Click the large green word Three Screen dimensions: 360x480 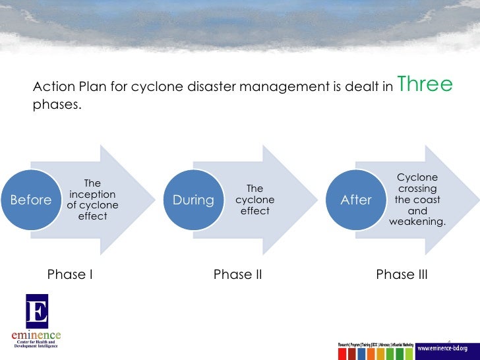point(425,85)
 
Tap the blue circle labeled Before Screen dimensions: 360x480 point(31,200)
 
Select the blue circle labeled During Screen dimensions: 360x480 point(193,200)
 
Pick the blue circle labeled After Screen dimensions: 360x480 point(356,200)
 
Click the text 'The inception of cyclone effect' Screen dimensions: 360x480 point(92,200)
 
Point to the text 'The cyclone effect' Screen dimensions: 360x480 point(255,200)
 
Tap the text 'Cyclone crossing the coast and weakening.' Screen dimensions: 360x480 point(417,200)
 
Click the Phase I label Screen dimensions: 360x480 point(69,275)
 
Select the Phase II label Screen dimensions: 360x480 point(237,275)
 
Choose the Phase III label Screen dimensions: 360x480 point(402,275)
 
